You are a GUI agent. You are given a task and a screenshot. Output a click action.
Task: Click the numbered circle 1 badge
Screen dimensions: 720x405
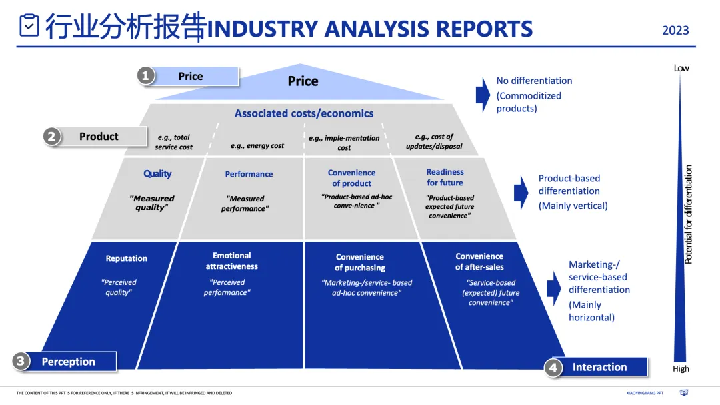coord(145,76)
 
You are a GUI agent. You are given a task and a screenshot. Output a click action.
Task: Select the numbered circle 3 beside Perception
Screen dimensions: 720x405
coord(21,362)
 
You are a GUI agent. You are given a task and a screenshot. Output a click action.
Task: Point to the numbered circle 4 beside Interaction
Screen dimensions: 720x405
coord(553,367)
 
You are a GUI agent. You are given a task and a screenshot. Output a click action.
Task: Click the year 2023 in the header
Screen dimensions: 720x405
coord(675,31)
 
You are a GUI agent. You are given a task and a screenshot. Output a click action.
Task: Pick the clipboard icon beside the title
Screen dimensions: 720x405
coord(29,26)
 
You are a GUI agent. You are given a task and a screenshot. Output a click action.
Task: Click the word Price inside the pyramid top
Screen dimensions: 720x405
coord(303,81)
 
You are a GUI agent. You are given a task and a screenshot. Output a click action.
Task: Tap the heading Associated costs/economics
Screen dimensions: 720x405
coord(304,113)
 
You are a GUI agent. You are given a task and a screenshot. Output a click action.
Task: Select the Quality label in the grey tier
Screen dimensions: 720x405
coord(157,174)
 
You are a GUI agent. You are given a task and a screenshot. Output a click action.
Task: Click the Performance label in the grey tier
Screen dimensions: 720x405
coord(249,174)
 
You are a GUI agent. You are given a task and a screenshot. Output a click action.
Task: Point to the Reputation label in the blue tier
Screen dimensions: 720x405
coord(127,258)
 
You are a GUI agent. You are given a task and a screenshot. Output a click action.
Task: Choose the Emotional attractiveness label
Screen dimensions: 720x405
coord(231,261)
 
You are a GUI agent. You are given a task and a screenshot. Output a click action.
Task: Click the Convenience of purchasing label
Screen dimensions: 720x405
coord(360,262)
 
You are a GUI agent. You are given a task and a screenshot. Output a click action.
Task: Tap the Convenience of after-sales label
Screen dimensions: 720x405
coord(479,262)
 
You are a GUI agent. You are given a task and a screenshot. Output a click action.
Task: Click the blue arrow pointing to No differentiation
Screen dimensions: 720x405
coord(483,94)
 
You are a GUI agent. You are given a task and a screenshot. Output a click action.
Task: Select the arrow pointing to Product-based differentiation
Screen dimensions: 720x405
coord(521,192)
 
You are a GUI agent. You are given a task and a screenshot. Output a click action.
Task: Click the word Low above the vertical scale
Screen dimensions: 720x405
coord(681,68)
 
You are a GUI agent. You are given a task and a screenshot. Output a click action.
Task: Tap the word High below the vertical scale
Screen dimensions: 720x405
coord(681,369)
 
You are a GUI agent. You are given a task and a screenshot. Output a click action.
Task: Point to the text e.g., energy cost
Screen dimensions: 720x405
coord(257,146)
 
